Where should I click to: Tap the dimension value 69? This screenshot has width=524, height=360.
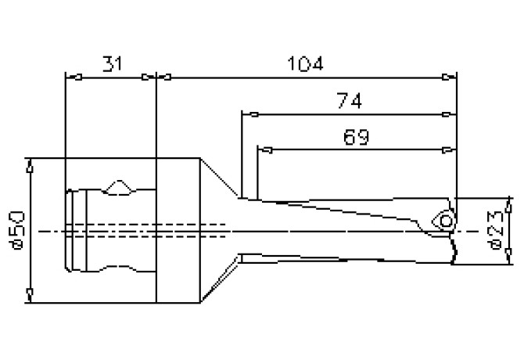[x=357, y=137]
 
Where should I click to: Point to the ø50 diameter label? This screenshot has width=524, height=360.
[x=19, y=230]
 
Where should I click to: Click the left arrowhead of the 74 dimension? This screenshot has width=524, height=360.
[x=246, y=114]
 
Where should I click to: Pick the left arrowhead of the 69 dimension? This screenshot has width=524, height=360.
[x=263, y=149]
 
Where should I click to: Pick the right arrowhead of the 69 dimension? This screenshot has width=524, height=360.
[x=450, y=149]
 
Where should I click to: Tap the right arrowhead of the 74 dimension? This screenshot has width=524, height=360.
[x=450, y=114]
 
